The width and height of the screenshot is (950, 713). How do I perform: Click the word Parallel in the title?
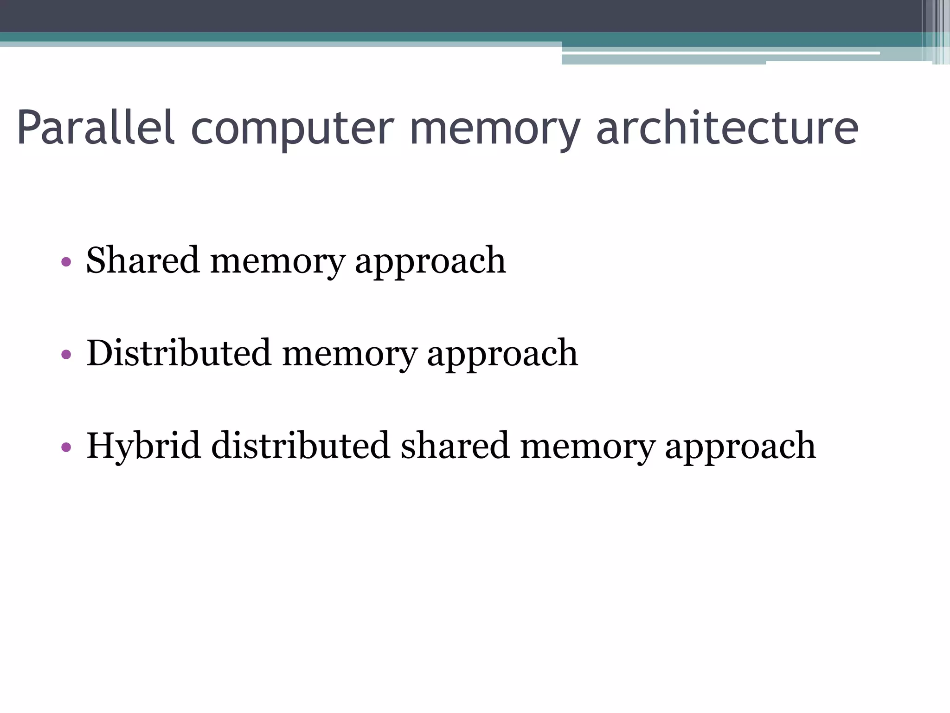(96, 127)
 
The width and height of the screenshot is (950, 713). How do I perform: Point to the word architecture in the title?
(727, 127)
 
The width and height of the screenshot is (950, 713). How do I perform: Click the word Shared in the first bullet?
(143, 260)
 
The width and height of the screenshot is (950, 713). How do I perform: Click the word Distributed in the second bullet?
(179, 353)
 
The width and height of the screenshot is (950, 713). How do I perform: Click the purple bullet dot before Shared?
(66, 262)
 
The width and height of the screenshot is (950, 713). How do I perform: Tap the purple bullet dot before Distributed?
(66, 355)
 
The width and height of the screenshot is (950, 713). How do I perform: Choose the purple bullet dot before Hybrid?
(66, 447)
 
